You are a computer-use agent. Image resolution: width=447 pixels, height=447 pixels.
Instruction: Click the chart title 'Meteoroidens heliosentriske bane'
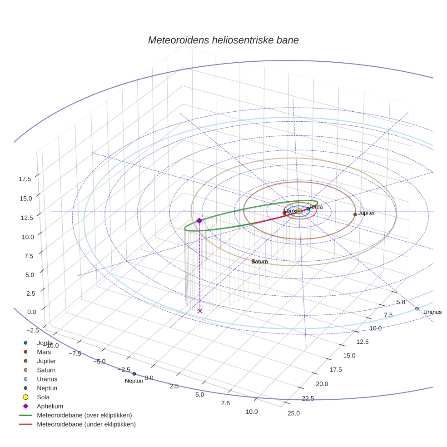point(223,40)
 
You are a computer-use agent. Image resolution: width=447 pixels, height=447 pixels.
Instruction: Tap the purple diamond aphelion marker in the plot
point(199,220)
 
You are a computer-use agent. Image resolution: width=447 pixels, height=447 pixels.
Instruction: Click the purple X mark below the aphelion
point(200,311)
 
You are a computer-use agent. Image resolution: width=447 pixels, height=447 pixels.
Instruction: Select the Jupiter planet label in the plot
point(366,213)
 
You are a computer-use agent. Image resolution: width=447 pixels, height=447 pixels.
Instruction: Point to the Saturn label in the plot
point(260,262)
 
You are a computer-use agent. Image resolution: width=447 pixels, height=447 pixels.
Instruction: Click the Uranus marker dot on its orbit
point(417,309)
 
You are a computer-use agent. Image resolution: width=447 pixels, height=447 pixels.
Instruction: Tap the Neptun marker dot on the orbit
point(134,374)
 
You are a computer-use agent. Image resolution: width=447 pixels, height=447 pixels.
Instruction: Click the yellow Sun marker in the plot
point(299,211)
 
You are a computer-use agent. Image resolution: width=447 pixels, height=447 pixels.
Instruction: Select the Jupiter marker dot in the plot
point(355,214)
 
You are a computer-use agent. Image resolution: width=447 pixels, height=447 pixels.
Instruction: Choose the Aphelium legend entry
point(50,406)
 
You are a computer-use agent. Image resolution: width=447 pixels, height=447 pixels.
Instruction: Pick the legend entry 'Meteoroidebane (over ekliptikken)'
point(84,415)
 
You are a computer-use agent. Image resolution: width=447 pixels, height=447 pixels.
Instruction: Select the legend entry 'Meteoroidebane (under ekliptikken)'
point(86,424)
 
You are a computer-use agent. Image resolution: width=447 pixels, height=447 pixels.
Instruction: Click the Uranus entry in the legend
point(47,379)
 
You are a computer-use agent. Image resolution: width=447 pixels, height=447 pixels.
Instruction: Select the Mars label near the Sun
point(289,211)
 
